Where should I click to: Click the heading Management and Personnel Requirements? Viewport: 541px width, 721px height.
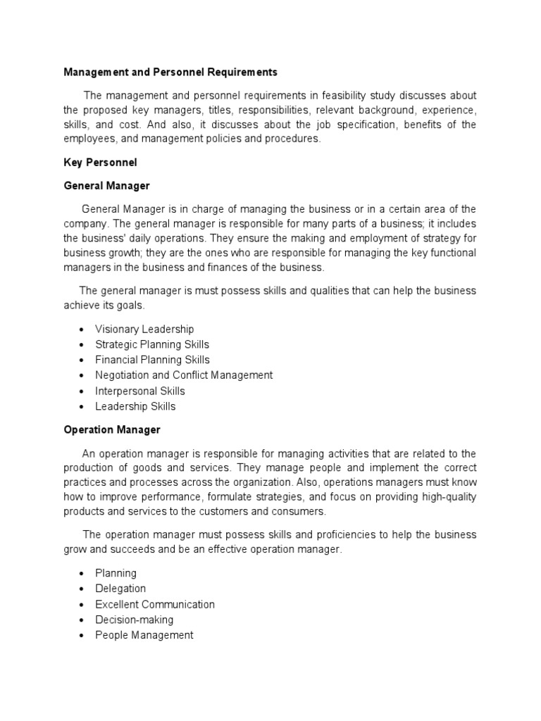170,72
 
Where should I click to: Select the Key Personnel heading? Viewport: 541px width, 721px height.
100,162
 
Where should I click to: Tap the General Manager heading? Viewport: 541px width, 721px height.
106,186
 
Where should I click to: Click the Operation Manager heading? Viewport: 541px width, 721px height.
112,429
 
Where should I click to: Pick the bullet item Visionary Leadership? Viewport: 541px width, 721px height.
144,329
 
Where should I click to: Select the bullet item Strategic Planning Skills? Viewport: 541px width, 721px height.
152,344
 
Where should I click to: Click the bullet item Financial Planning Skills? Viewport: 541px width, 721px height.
152,360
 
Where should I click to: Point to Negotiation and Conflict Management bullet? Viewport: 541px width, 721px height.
184,375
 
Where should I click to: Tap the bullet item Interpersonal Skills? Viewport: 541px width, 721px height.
140,391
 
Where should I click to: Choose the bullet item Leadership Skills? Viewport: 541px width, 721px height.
135,406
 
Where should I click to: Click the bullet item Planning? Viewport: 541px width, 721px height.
116,573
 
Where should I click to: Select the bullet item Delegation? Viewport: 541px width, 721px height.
120,589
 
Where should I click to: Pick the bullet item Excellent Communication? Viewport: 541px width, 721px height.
155,604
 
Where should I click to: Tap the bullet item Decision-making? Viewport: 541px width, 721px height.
134,620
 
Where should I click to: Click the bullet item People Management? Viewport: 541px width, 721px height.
144,635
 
